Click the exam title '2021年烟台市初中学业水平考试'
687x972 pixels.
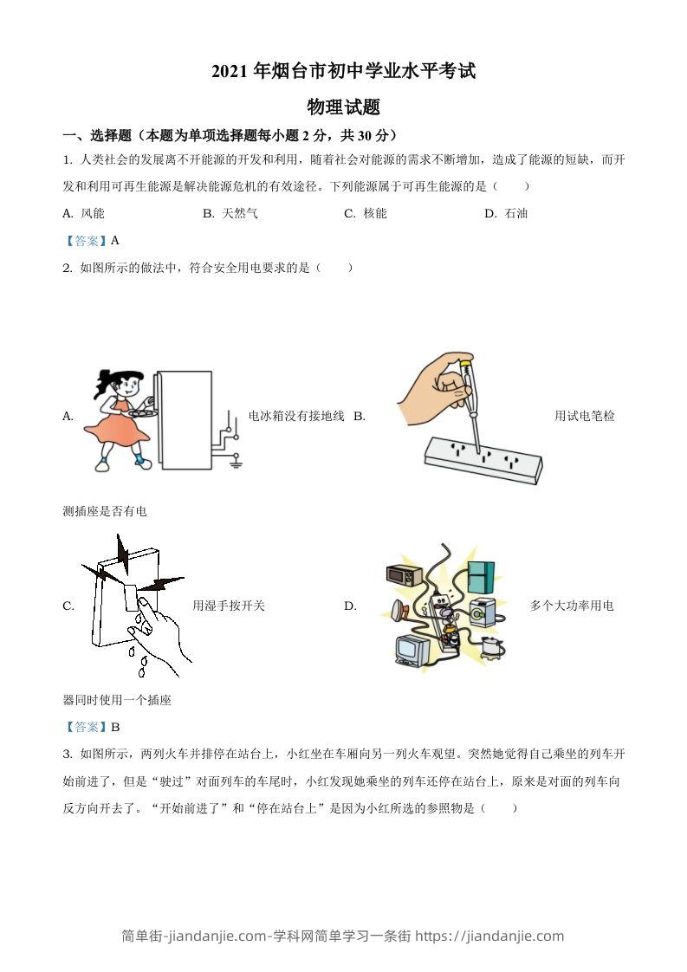[344, 72]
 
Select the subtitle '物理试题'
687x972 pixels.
[344, 107]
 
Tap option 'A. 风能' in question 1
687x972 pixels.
[84, 213]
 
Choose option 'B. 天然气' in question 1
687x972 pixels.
[230, 213]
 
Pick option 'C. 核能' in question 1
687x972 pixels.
[365, 213]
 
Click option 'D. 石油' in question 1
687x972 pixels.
[506, 213]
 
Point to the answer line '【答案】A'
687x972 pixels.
[91, 241]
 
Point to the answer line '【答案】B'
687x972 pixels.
[91, 727]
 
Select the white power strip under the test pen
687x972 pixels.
[482, 459]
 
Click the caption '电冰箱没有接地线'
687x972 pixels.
[296, 416]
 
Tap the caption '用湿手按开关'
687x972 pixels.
[229, 606]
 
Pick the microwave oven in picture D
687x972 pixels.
[403, 576]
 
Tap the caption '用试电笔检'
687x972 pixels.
[585, 416]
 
